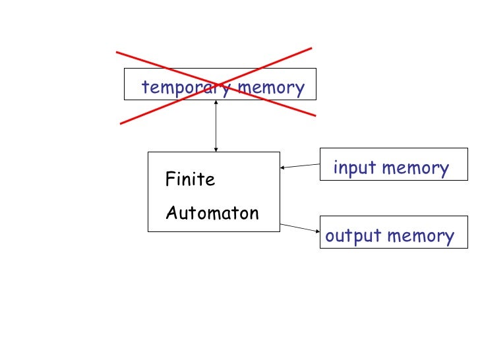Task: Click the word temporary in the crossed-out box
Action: pos(186,88)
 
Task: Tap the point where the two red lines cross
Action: pos(216,85)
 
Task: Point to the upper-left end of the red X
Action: pos(117,52)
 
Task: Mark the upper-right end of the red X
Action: pos(311,48)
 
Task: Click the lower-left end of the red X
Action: pos(120,123)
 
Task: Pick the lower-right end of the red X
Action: pos(315,115)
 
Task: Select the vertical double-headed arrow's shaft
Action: pos(216,126)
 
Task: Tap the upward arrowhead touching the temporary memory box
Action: pos(216,103)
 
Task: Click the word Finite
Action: pos(190,179)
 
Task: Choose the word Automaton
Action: pos(212,213)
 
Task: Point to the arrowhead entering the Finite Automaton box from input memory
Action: pos(283,167)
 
